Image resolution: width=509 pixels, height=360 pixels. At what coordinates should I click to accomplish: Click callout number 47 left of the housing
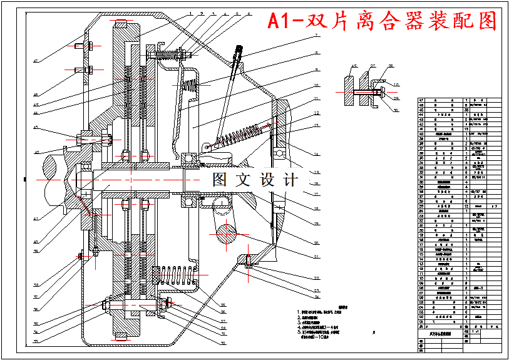[x=36, y=61]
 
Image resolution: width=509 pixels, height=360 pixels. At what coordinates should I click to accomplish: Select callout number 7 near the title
[x=317, y=36]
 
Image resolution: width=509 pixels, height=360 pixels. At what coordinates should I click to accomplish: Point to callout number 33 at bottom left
[x=36, y=341]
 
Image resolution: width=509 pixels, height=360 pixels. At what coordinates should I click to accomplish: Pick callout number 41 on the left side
[x=36, y=219]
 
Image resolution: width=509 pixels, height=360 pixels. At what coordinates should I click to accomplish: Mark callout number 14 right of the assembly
[x=317, y=153]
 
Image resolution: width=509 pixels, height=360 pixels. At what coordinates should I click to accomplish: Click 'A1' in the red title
[x=280, y=21]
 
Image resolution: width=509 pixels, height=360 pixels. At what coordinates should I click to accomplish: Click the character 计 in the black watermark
[x=290, y=180]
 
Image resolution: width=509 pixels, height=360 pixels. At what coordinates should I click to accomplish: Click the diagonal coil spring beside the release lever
[x=234, y=136]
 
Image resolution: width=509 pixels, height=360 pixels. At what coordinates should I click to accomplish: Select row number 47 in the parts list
[x=421, y=100]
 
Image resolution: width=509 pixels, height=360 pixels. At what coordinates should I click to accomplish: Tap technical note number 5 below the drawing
[x=299, y=332]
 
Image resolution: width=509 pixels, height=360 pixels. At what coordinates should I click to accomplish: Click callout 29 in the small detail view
[x=397, y=98]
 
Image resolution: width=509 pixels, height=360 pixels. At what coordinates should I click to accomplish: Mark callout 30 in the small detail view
[x=396, y=111]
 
